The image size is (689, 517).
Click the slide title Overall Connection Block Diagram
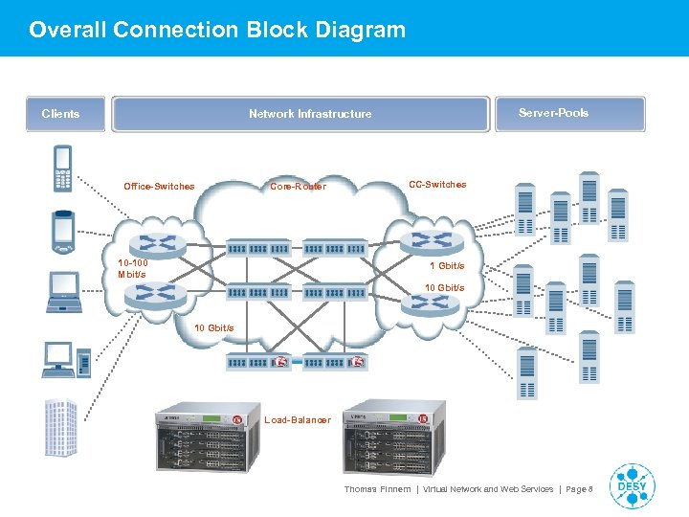(x=217, y=30)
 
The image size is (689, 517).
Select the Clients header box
(x=61, y=114)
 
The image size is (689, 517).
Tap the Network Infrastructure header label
(x=310, y=114)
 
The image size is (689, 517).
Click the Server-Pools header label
(x=553, y=113)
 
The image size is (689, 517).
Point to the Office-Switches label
(x=159, y=187)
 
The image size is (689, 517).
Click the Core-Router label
(x=298, y=187)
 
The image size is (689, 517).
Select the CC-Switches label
(x=437, y=185)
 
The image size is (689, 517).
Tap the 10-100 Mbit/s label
(x=132, y=269)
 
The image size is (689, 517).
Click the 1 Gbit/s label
(x=446, y=266)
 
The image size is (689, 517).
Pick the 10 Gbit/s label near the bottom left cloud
(x=213, y=328)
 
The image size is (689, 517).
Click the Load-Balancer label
(x=298, y=420)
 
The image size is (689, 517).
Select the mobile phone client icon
(x=63, y=168)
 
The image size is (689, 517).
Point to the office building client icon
(x=61, y=427)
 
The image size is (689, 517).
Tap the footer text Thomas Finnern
(x=377, y=489)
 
